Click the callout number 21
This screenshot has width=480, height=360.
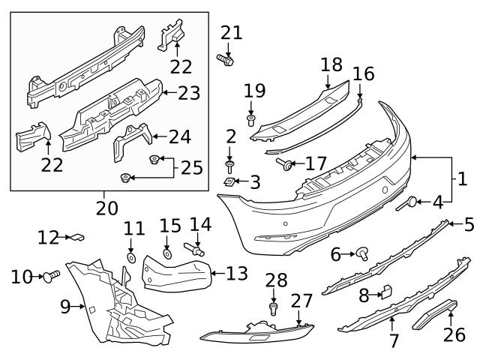click(232, 32)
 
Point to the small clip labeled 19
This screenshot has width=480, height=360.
click(251, 119)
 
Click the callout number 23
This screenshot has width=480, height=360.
click(190, 93)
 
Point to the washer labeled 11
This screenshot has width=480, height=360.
click(130, 258)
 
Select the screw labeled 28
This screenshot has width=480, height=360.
click(274, 307)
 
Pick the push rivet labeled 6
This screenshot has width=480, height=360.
click(363, 254)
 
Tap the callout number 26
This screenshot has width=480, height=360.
click(454, 334)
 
